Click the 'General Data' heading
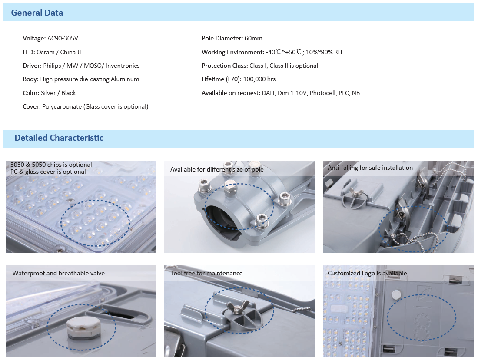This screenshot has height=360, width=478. point(37,13)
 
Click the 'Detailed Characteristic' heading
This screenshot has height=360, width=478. point(59,138)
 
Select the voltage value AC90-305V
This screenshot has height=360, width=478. point(63,38)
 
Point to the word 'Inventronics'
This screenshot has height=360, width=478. point(123,66)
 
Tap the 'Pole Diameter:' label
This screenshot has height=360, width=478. point(222,38)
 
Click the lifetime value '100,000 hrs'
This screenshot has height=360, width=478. point(259,79)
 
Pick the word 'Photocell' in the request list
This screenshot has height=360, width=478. point(322,93)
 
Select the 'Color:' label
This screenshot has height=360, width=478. point(31,93)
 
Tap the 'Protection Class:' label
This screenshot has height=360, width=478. point(225,66)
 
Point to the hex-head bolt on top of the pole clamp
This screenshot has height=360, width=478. point(230,188)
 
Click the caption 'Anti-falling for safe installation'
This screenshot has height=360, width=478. point(370,168)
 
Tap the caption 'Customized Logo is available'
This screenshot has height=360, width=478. point(367,273)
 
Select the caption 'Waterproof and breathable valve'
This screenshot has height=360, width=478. point(59,273)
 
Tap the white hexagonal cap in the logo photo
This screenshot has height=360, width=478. point(396,294)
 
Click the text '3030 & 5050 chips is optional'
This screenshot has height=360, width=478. point(51,165)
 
